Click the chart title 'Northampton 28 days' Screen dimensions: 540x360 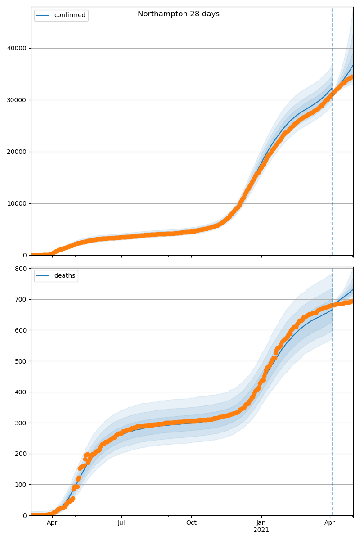pos(179,14)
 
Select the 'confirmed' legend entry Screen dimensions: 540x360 pos(69,15)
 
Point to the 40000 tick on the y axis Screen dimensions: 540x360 pos(17,48)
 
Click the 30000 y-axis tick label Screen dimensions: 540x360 pos(17,100)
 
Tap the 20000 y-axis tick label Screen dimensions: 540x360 pos(17,152)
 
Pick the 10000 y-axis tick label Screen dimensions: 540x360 pos(17,203)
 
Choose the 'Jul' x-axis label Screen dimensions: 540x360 pos(121,523)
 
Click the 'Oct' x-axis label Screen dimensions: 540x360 pos(191,523)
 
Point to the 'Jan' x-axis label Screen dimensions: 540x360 pos(261,523)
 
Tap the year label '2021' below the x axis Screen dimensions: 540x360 pos(261,530)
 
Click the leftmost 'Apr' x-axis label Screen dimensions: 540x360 pos(52,523)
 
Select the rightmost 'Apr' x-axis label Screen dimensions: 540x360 pos(330,523)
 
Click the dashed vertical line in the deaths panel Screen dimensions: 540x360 pos(332,405)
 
